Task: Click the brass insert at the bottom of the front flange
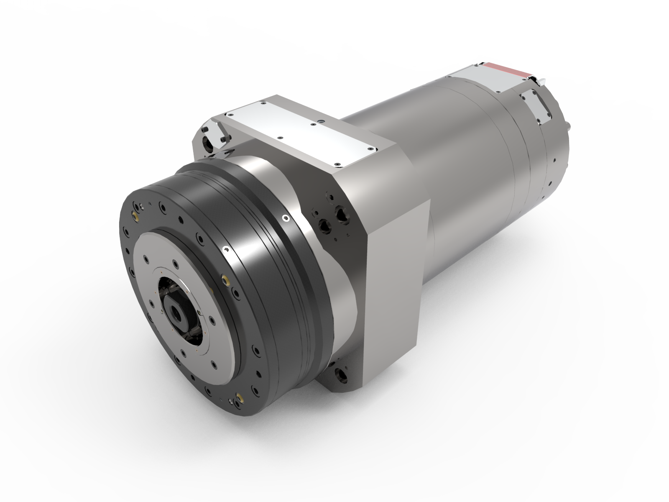[240, 397]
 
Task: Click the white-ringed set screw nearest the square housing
[286, 218]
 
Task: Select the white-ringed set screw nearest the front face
[226, 249]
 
